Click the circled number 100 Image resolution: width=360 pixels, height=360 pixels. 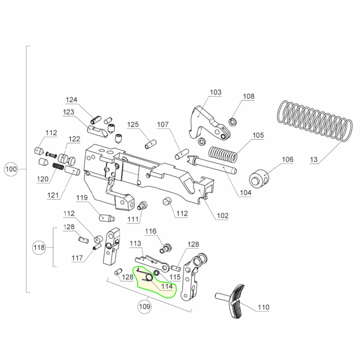[x=11, y=169]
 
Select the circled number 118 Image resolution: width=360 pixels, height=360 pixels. [x=39, y=247]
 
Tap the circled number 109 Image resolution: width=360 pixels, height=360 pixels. [x=145, y=307]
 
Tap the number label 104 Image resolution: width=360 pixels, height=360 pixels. [x=245, y=193]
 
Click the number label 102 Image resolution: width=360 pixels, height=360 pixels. [x=223, y=215]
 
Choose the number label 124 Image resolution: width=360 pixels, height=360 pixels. [x=71, y=100]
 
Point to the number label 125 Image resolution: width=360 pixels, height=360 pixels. [x=133, y=124]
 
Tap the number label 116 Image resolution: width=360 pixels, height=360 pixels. [x=151, y=231]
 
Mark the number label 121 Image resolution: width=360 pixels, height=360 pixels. [x=53, y=195]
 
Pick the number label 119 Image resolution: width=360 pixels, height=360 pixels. [x=82, y=198]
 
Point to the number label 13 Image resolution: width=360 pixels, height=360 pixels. [x=313, y=159]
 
